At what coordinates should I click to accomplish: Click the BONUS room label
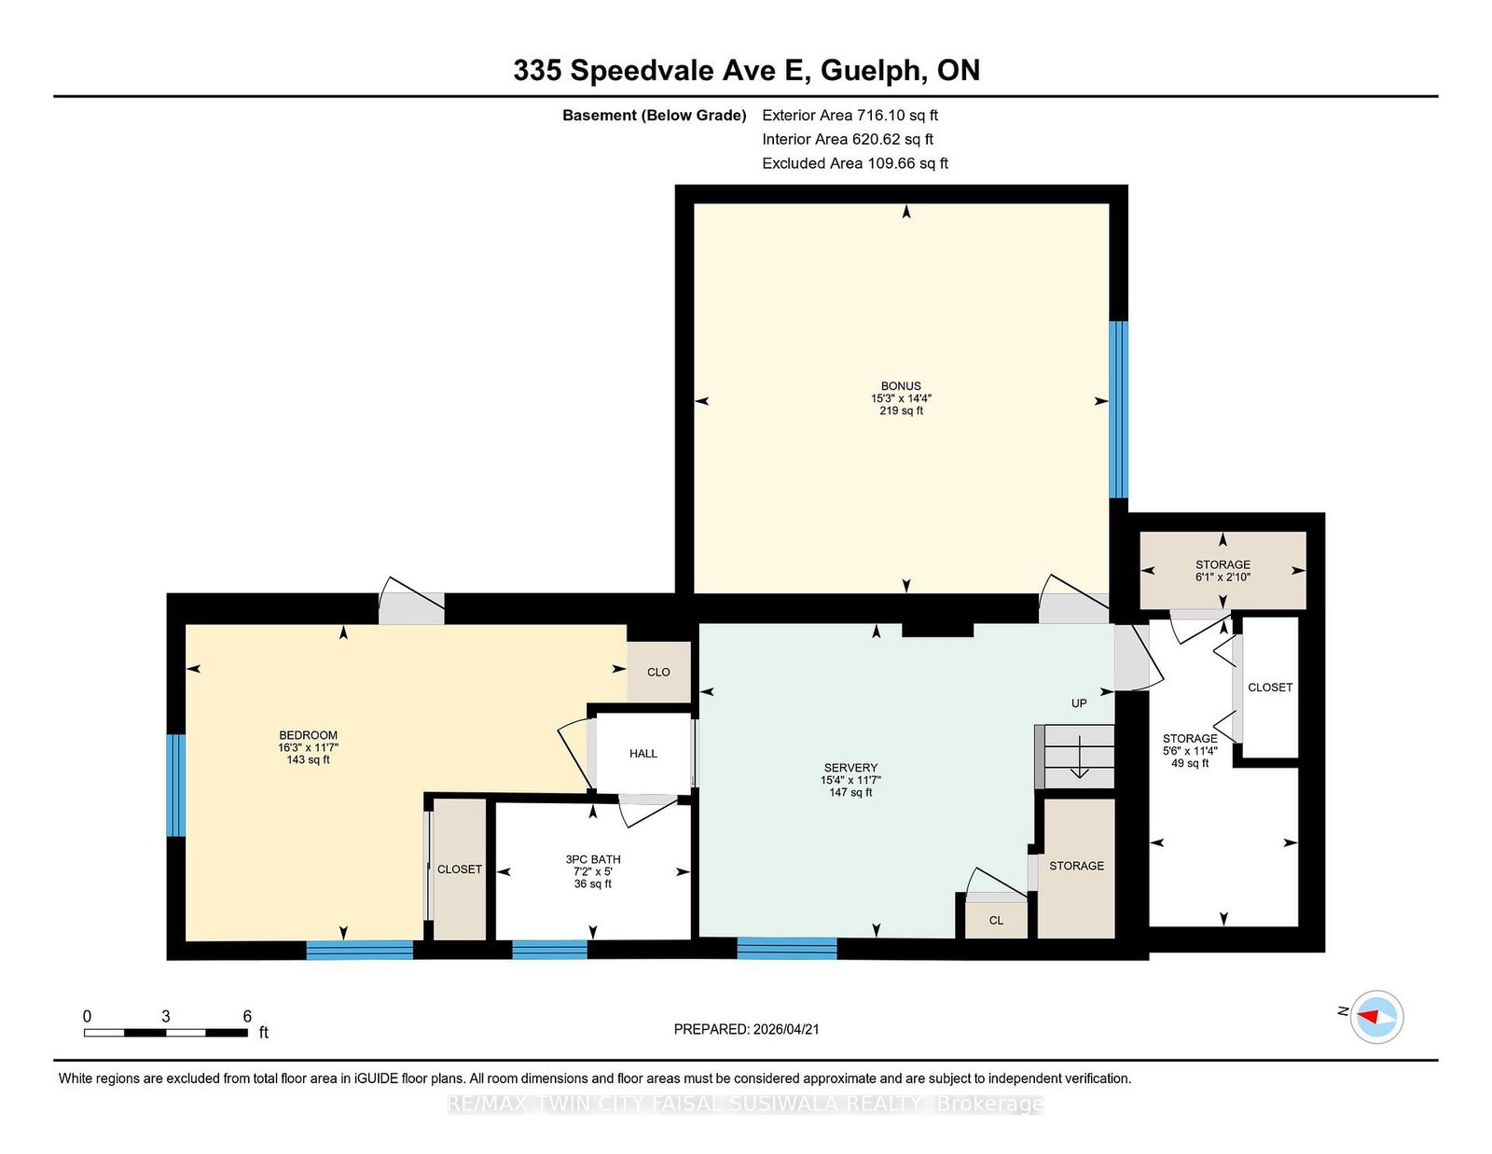click(x=901, y=386)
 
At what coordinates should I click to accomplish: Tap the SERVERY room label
click(x=850, y=768)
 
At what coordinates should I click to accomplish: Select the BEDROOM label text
click(x=308, y=735)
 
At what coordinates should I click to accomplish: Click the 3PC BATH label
click(x=592, y=859)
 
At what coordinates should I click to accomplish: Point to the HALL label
click(x=643, y=754)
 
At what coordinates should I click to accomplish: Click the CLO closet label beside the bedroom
click(x=658, y=672)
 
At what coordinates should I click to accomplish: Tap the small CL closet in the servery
click(x=996, y=920)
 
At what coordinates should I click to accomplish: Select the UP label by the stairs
click(x=1079, y=703)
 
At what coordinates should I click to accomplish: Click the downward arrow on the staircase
click(x=1079, y=758)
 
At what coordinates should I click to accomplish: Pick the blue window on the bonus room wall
click(x=1118, y=410)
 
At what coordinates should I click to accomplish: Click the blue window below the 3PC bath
click(x=549, y=950)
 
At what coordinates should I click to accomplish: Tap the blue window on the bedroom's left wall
click(x=175, y=786)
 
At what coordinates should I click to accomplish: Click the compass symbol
click(x=1377, y=1016)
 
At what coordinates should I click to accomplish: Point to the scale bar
click(x=165, y=1033)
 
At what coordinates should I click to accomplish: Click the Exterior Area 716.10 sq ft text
click(x=850, y=116)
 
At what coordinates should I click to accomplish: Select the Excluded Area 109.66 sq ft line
click(x=854, y=163)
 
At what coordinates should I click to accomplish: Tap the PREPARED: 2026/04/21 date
click(x=746, y=1029)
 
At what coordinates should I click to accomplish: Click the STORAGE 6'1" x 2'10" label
click(x=1223, y=571)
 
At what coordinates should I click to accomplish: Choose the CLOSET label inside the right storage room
click(x=1270, y=688)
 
